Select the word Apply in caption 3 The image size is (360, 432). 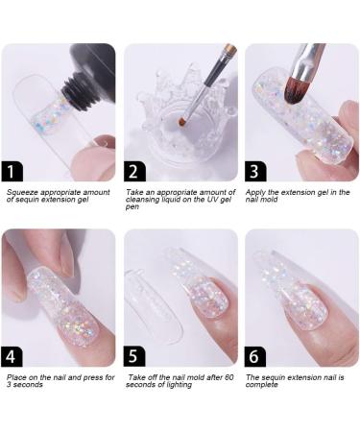tap(259, 192)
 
